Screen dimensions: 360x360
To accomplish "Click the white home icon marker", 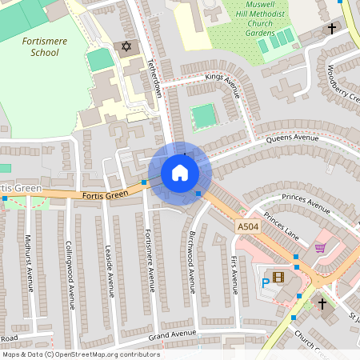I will tap(179, 173).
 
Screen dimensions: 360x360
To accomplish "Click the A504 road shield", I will tap(247, 228).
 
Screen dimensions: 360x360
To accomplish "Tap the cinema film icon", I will tap(278, 278).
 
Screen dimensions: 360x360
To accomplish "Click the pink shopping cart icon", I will tap(321, 248).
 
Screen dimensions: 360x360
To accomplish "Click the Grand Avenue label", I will tap(172, 333).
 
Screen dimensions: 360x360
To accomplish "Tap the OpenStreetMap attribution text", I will tap(80, 354).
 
